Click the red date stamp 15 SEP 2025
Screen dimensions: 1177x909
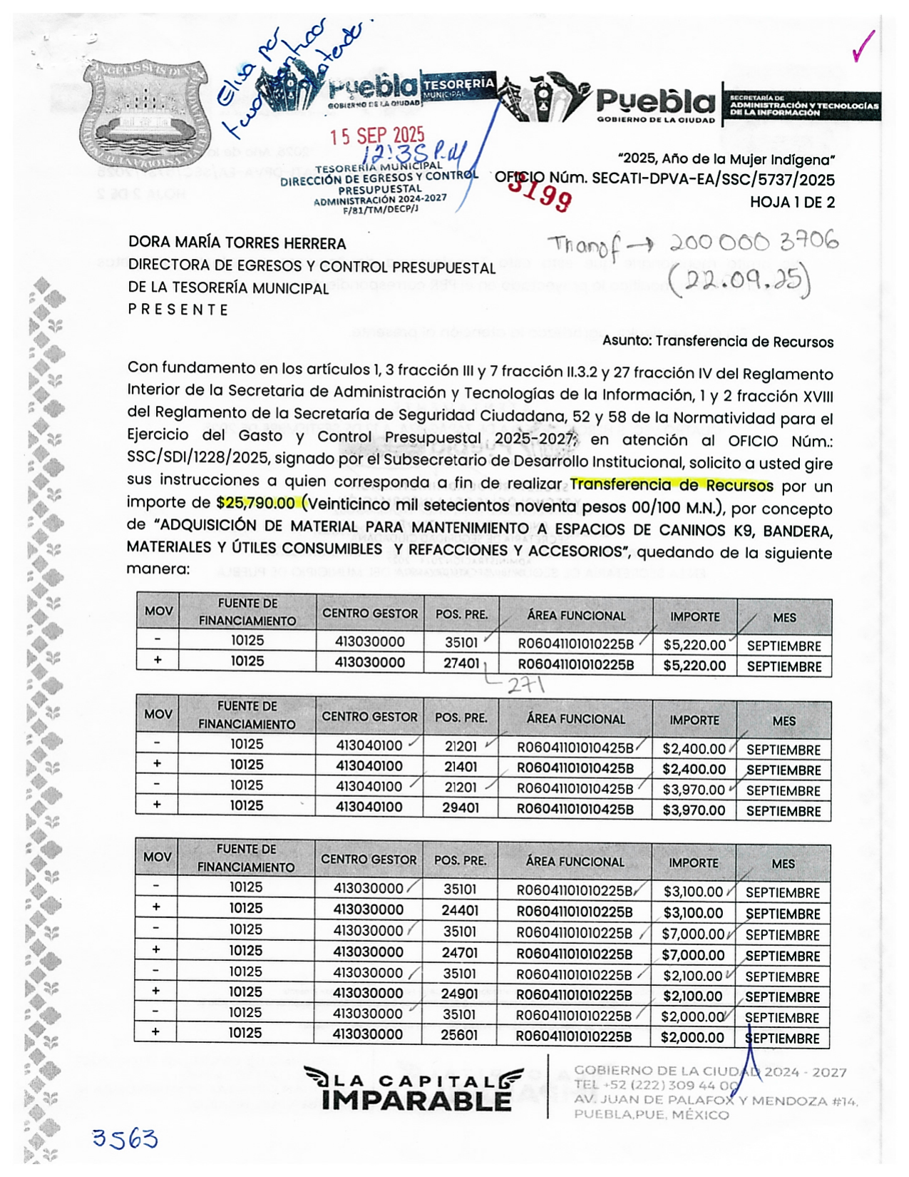(377, 136)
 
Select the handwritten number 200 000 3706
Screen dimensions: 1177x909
(754, 243)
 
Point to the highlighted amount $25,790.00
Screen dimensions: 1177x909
(255, 503)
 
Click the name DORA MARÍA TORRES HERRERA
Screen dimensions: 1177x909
(237, 243)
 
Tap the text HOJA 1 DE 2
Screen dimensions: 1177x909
(791, 203)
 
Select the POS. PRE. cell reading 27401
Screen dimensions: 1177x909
(461, 663)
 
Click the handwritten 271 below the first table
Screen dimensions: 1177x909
(525, 686)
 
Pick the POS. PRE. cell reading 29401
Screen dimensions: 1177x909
(460, 807)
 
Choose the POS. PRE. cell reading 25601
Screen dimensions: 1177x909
(459, 1034)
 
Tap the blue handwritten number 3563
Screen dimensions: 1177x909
(125, 1139)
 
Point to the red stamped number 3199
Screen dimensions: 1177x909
(540, 193)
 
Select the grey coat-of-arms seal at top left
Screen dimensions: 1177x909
(144, 113)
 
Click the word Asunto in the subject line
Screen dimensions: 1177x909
(625, 341)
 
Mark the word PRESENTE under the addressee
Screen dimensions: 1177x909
(178, 310)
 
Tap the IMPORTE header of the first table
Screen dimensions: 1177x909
(694, 616)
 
